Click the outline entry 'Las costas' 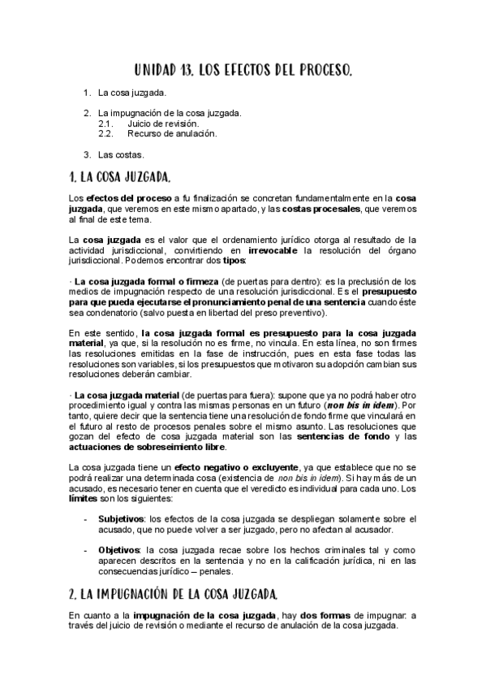click(x=121, y=154)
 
